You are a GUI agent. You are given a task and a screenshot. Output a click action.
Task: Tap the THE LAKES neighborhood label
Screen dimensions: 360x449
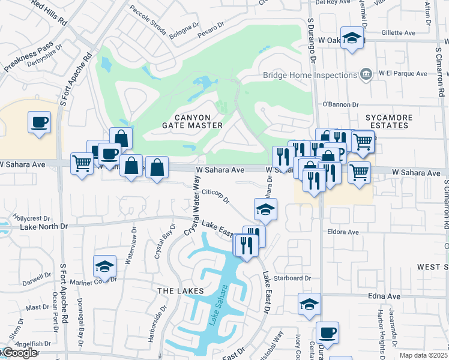(180, 290)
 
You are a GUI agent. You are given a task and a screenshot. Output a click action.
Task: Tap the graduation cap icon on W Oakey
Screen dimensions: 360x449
(352, 38)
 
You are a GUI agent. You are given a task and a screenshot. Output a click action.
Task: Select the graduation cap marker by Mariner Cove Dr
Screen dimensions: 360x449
(104, 266)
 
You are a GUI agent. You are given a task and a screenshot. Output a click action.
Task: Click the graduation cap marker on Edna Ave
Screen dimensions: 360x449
(310, 304)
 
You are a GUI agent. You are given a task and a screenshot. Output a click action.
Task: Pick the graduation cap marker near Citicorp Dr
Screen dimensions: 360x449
(265, 209)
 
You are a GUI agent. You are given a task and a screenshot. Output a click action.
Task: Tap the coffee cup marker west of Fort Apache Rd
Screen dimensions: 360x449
(40, 122)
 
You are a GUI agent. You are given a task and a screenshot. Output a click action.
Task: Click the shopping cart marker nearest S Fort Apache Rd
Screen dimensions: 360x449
(82, 163)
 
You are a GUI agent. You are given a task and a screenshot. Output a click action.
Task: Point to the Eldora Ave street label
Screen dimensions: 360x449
(343, 232)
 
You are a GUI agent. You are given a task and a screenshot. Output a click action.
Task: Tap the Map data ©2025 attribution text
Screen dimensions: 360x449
(424, 355)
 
